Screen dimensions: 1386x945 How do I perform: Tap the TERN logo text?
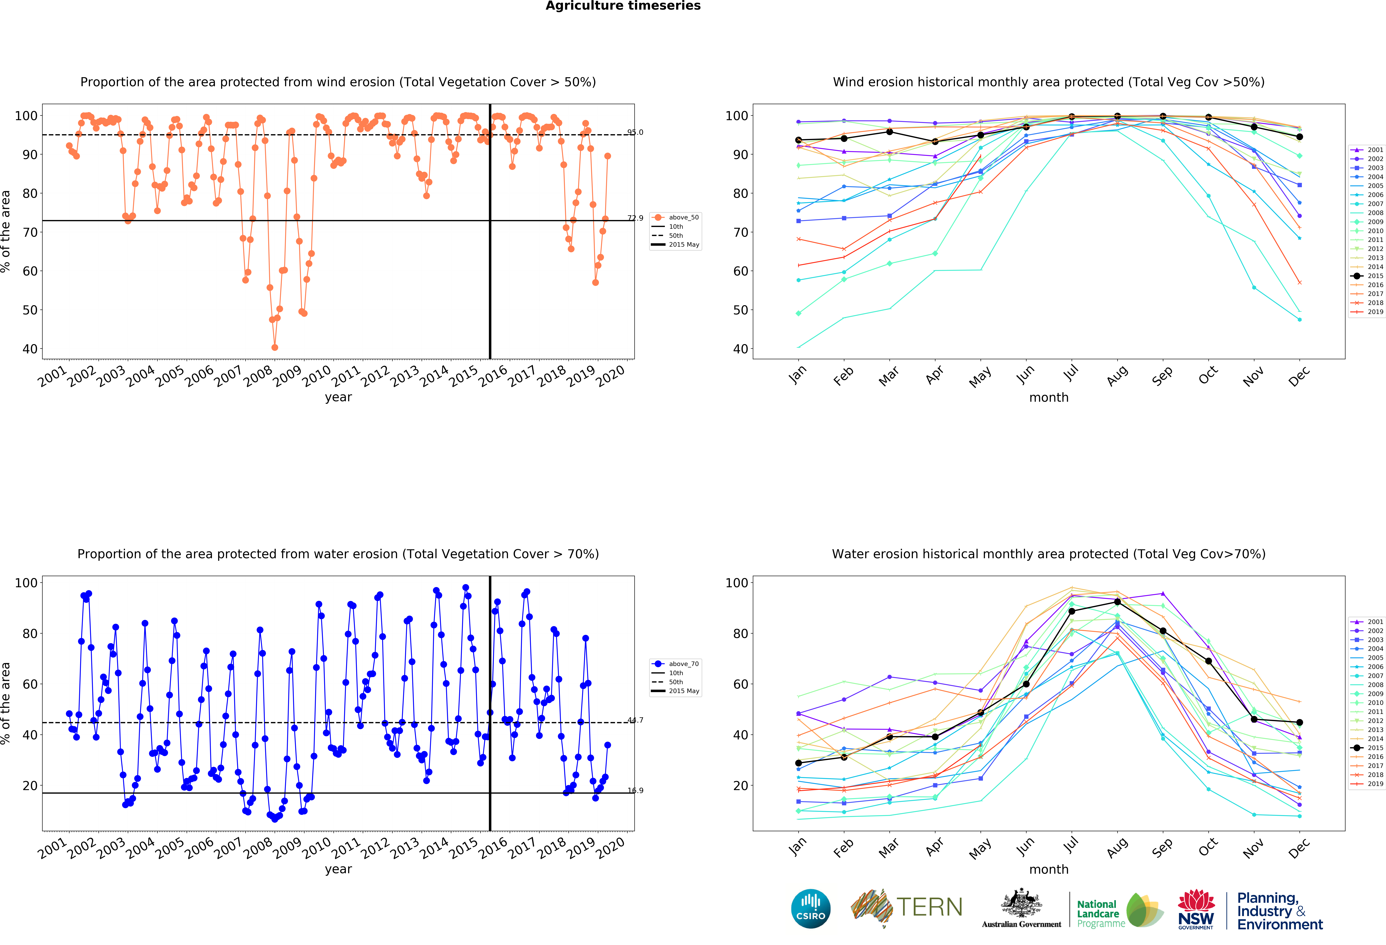click(929, 907)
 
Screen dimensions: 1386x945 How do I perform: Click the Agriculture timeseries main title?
click(623, 6)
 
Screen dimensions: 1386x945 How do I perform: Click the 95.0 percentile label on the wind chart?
click(635, 132)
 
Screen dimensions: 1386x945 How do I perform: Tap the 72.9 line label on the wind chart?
click(635, 218)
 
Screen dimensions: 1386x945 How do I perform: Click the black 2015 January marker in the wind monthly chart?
click(799, 140)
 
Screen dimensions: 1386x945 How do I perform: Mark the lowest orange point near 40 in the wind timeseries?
click(274, 347)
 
